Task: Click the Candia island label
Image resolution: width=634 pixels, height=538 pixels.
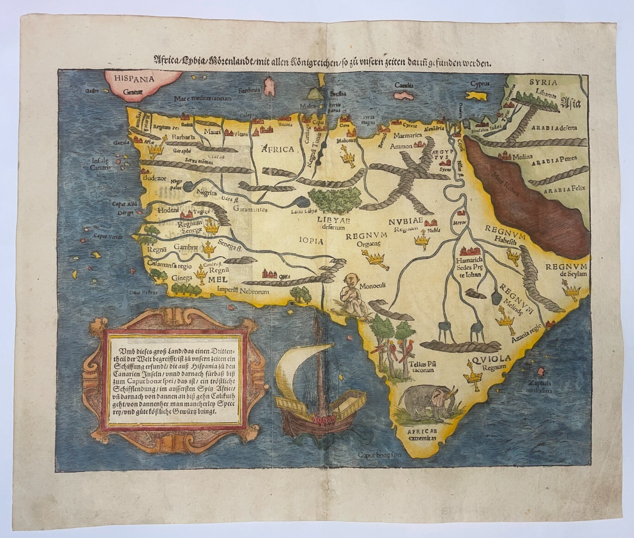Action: pyautogui.click(x=404, y=85)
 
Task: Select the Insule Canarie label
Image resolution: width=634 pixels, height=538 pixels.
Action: pyautogui.click(x=100, y=163)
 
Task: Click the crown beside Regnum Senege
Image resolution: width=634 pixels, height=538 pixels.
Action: pyautogui.click(x=212, y=228)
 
